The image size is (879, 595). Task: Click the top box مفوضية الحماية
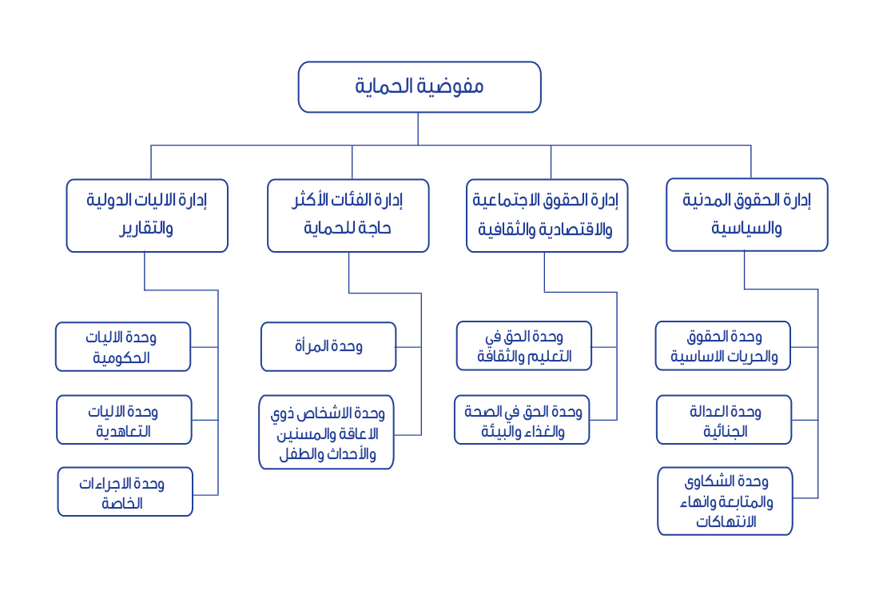click(420, 87)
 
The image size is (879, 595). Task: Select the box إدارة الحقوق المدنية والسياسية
click(746, 215)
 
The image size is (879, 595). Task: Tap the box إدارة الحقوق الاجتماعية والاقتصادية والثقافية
click(547, 216)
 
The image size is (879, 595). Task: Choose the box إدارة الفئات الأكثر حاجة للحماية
click(348, 216)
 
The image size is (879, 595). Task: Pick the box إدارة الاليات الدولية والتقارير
click(147, 216)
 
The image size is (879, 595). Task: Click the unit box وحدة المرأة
click(328, 346)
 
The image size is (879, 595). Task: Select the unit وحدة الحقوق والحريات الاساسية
click(723, 346)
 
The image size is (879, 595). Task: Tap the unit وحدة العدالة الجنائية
click(724, 420)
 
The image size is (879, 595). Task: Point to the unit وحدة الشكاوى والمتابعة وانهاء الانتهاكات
click(726, 501)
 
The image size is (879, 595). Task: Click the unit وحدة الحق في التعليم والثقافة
click(524, 346)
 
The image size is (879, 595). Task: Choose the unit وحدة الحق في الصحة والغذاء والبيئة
click(522, 420)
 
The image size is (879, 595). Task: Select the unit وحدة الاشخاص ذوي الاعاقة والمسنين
click(326, 433)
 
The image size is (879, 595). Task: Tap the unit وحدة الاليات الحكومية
click(123, 346)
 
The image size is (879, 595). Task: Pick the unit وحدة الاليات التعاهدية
click(125, 420)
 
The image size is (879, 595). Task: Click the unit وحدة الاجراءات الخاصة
click(125, 492)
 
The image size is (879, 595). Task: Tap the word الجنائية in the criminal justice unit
click(726, 431)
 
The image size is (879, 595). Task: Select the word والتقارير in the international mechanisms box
click(145, 228)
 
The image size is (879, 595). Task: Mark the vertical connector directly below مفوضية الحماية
click(418, 129)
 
